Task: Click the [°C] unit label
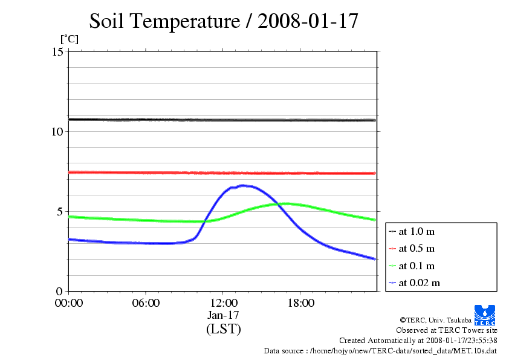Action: point(69,39)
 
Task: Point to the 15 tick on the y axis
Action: point(59,51)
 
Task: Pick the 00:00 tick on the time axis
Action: point(69,303)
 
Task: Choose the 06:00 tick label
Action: point(146,303)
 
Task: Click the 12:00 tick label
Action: point(223,303)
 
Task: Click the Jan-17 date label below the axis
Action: point(223,315)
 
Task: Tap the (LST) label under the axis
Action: point(223,329)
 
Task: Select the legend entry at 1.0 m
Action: point(417,231)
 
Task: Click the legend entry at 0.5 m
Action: point(417,248)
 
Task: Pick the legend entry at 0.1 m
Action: point(417,266)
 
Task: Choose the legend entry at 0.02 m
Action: point(419,283)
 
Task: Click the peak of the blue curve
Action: point(242,185)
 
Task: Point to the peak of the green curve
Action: point(287,203)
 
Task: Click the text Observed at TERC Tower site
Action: point(447,330)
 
